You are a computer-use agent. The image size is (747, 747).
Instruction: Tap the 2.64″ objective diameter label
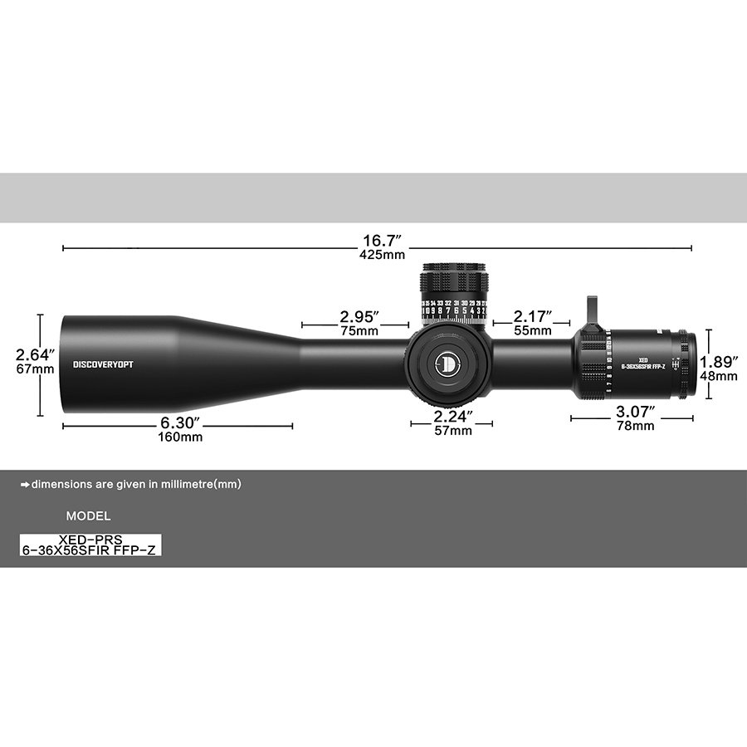point(36,355)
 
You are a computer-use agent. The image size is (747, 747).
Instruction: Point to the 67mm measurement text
point(36,369)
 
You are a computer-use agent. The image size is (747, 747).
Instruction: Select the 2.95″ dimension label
point(359,317)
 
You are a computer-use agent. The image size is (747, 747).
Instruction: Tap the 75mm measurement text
point(359,330)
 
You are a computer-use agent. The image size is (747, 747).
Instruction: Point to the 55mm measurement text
point(533,330)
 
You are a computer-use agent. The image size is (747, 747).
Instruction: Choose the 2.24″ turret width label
point(453,416)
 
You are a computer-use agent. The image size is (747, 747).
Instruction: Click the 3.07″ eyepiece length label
point(635,412)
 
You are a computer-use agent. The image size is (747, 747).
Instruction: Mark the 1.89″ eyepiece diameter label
point(719,362)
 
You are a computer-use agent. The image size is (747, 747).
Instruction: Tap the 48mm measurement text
point(719,375)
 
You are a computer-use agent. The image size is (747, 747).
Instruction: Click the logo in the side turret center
point(448,363)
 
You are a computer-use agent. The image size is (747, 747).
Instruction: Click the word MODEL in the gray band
point(88,515)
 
